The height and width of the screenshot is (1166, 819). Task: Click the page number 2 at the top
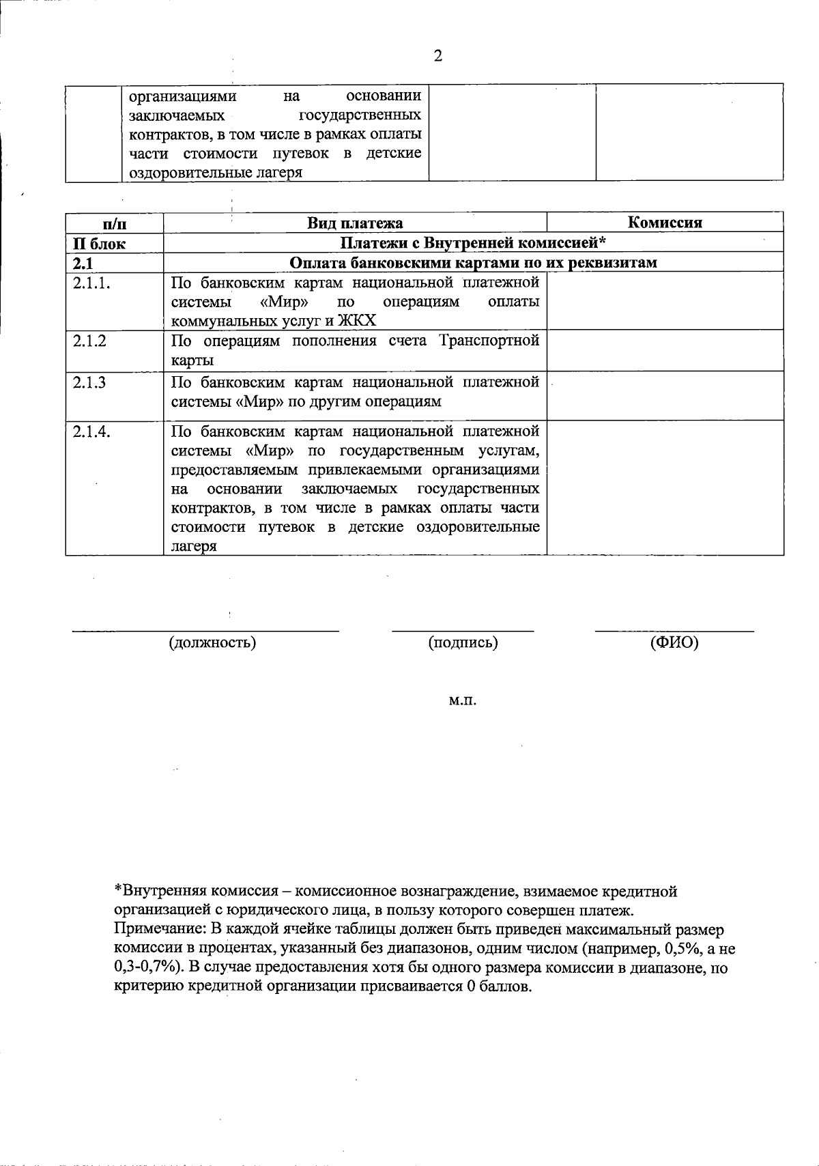pos(438,56)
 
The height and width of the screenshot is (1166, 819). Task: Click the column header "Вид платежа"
pos(355,223)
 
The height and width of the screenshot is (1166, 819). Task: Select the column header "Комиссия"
pos(665,223)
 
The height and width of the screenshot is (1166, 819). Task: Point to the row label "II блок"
pos(100,244)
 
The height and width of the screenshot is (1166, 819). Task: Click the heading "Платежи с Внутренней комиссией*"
pos(473,243)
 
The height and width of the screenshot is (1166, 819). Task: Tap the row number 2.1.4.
pos(92,431)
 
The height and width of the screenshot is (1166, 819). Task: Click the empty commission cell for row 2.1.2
pos(665,351)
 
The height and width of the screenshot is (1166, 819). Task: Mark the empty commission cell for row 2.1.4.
pos(665,487)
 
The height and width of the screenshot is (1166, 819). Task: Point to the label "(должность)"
pos(212,642)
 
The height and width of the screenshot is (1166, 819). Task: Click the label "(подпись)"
pos(463,642)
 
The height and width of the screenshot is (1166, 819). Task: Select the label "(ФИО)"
pos(674,642)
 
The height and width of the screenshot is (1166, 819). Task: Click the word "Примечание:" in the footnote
pos(160,930)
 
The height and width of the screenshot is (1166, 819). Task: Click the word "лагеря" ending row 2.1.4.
pos(194,546)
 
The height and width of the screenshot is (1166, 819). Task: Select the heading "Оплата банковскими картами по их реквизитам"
pos(473,263)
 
